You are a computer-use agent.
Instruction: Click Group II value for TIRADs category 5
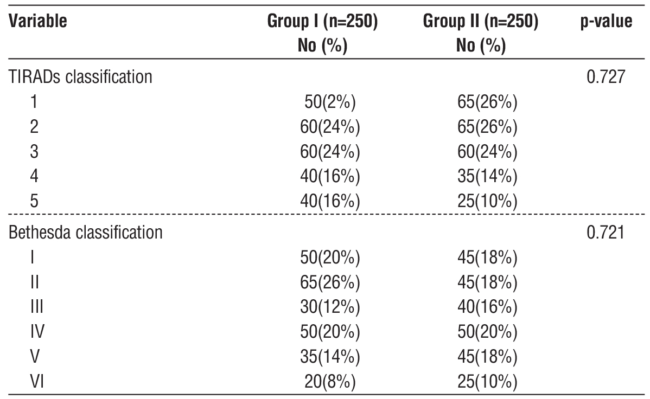[x=487, y=202]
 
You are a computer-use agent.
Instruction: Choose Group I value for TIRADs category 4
[x=330, y=177]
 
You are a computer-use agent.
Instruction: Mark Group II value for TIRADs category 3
[x=487, y=152]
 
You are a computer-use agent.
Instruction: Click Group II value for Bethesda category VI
[x=487, y=382]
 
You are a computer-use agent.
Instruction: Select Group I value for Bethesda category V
[x=330, y=357]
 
